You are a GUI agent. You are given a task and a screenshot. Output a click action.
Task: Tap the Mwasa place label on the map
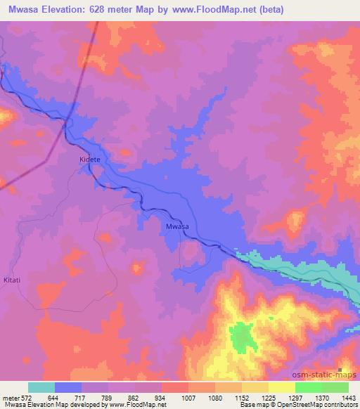[x=176, y=226]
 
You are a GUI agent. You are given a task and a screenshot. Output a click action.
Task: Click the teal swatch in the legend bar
[x=41, y=387]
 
